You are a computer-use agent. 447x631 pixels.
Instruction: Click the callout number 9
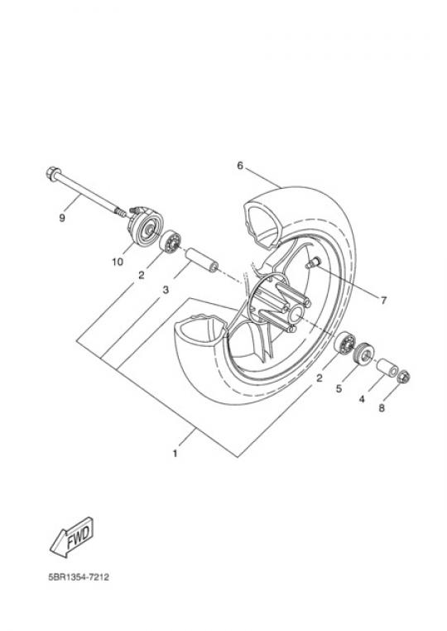click(62, 218)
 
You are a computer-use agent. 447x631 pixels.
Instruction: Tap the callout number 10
click(118, 262)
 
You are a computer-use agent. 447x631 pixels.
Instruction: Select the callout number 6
click(240, 166)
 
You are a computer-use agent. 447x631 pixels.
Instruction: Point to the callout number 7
click(383, 301)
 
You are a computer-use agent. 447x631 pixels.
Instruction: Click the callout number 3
click(166, 289)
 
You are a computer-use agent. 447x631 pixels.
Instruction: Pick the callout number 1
click(175, 454)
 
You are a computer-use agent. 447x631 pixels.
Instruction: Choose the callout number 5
click(339, 388)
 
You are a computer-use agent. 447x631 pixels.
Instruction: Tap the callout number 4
click(362, 399)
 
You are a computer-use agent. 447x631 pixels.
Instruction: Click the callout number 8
click(382, 408)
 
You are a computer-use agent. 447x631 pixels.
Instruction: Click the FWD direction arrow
click(72, 537)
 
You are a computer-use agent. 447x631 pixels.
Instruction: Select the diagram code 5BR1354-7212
click(79, 577)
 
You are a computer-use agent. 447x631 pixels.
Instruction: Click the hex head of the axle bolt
click(51, 173)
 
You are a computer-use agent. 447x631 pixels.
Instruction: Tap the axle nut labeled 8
click(403, 377)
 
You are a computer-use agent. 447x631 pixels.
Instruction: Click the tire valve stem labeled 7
click(313, 263)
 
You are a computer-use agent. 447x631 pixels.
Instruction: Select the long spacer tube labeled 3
click(201, 261)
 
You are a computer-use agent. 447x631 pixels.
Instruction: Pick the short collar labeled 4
click(387, 367)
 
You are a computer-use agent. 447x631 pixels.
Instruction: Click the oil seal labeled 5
click(363, 354)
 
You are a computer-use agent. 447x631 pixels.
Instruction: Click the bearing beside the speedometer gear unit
click(171, 241)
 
